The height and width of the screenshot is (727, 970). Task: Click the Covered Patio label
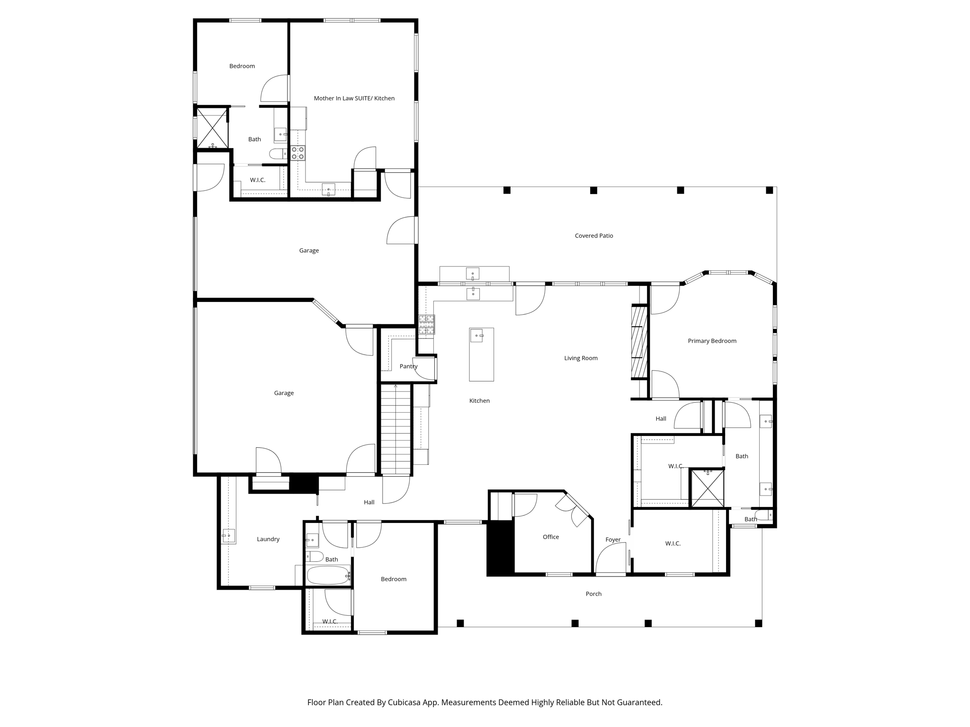pyautogui.click(x=593, y=236)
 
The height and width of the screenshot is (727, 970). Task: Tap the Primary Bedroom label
pyautogui.click(x=712, y=341)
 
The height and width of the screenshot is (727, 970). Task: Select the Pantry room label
pyautogui.click(x=408, y=366)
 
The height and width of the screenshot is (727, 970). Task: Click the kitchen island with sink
pyautogui.click(x=481, y=354)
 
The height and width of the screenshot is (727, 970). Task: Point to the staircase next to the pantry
pyautogui.click(x=396, y=429)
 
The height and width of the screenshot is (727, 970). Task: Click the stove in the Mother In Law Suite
pyautogui.click(x=297, y=153)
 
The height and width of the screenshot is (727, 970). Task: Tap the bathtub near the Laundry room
pyautogui.click(x=328, y=576)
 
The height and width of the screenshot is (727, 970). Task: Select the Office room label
pyautogui.click(x=550, y=537)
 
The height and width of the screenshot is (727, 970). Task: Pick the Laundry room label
pyautogui.click(x=268, y=539)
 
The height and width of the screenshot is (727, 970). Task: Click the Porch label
pyautogui.click(x=593, y=594)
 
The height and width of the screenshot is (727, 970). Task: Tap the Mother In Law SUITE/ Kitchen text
pyautogui.click(x=354, y=98)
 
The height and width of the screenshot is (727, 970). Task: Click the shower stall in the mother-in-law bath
pyautogui.click(x=212, y=128)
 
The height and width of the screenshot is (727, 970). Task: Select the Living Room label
pyautogui.click(x=581, y=358)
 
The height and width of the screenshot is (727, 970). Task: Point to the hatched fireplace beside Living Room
pyautogui.click(x=639, y=343)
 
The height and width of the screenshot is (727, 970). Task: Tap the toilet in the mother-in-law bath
pyautogui.click(x=278, y=153)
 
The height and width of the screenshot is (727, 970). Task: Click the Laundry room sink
pyautogui.click(x=228, y=536)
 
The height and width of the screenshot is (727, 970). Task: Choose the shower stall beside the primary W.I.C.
pyautogui.click(x=707, y=488)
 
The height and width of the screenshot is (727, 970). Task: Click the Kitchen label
pyautogui.click(x=479, y=401)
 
